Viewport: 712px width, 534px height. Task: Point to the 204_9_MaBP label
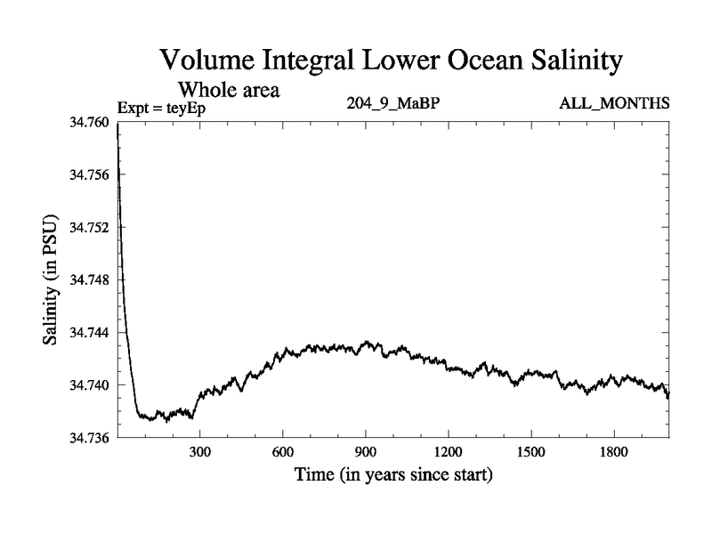(392, 104)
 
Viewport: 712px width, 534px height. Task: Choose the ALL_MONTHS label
(614, 104)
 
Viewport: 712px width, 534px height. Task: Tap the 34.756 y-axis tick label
(88, 174)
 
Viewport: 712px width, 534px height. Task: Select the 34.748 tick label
(88, 279)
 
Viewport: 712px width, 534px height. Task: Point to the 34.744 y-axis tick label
(88, 332)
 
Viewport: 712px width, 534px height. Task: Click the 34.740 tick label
(88, 384)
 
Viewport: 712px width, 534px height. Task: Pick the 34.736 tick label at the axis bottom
(88, 437)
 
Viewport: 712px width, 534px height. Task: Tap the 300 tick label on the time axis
(200, 452)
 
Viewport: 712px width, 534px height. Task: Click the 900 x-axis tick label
(366, 452)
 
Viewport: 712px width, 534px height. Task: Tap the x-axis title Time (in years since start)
(393, 475)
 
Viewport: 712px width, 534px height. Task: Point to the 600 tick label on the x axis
(283, 452)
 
